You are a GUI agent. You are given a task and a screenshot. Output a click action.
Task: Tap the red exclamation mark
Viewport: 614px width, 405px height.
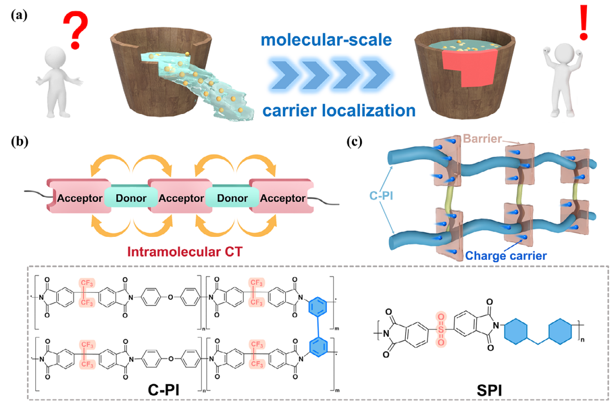tap(584, 21)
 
